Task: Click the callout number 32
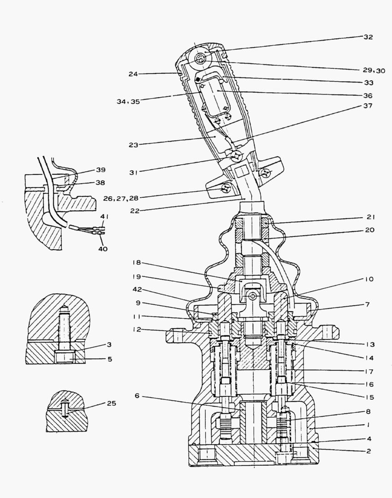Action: [368, 36]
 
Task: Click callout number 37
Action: [368, 106]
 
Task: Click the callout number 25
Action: [111, 403]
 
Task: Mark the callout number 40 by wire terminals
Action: [102, 249]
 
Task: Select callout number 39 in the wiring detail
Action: [101, 169]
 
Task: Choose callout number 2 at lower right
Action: [368, 451]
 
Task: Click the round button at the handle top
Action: [202, 59]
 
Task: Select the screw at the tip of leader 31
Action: [236, 156]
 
